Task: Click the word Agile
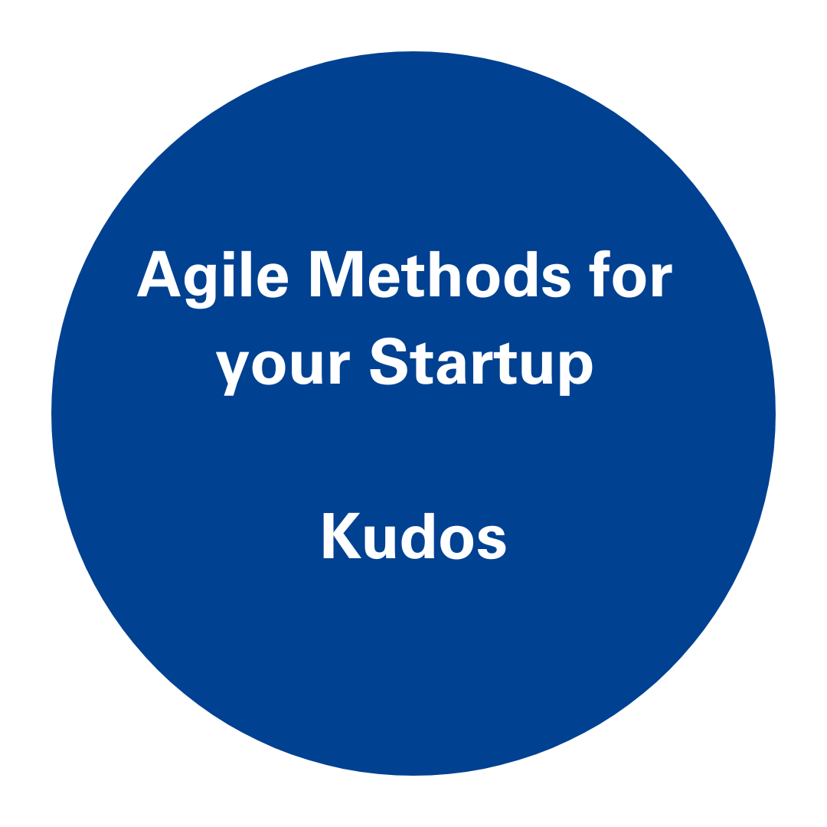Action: click(x=213, y=279)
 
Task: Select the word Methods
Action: click(x=440, y=274)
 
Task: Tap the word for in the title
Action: click(x=630, y=273)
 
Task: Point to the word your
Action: click(x=283, y=368)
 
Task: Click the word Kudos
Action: click(x=414, y=536)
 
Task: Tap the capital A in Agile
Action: click(x=159, y=273)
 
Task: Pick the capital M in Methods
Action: click(x=336, y=273)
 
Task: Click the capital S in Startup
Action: click(x=389, y=361)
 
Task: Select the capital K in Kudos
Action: click(x=342, y=535)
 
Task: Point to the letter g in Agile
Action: click(x=201, y=286)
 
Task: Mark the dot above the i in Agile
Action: click(x=229, y=255)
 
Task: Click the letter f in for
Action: click(x=600, y=273)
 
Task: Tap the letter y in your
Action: click(x=232, y=373)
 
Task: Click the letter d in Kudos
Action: click(x=418, y=536)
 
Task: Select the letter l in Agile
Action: click(x=247, y=273)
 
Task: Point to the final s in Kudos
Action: click(x=492, y=541)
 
